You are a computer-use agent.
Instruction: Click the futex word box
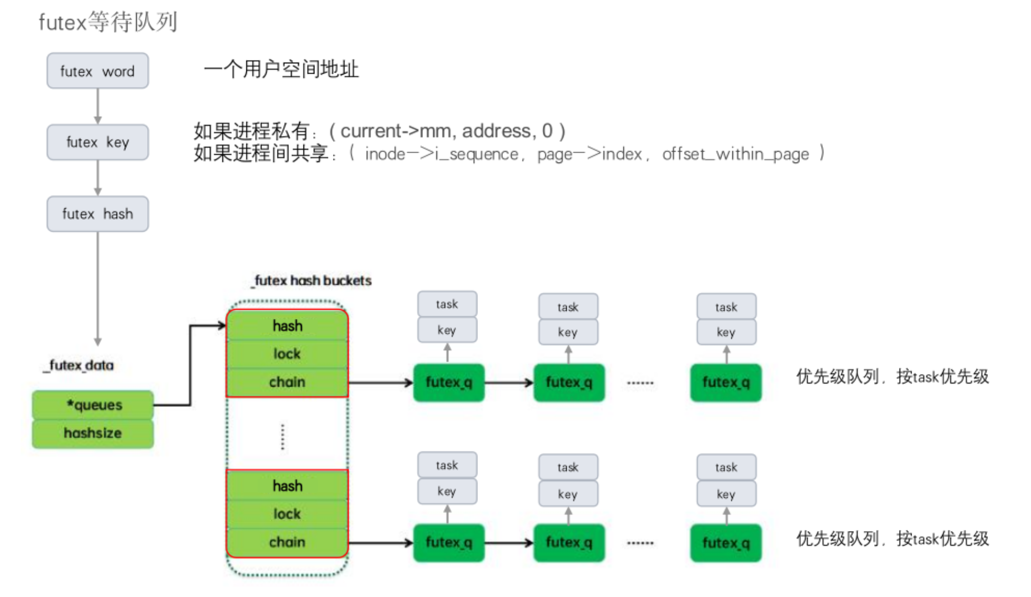(98, 71)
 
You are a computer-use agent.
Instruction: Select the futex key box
(98, 142)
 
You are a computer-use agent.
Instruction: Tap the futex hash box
(98, 214)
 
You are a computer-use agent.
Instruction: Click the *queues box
(93, 405)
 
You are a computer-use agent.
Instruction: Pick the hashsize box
(93, 433)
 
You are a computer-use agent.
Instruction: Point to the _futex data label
(80, 365)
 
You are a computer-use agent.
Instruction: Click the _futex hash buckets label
(312, 281)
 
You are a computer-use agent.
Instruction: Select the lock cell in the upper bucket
(287, 354)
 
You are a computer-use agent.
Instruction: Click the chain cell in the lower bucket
(287, 542)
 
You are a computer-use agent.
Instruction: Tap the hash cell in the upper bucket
(287, 326)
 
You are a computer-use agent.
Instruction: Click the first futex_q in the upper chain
(448, 383)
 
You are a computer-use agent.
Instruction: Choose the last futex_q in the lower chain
(725, 543)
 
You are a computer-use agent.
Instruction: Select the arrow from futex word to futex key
(98, 106)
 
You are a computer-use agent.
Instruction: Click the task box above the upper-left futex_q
(447, 304)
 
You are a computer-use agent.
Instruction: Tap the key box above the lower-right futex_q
(726, 494)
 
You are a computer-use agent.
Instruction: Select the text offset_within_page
(735, 154)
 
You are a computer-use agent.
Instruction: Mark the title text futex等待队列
(108, 22)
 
